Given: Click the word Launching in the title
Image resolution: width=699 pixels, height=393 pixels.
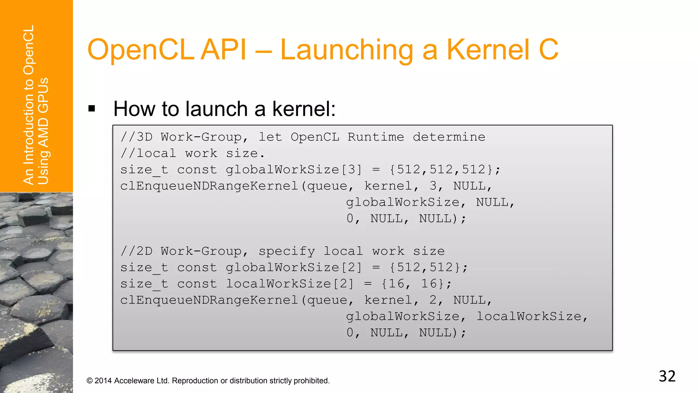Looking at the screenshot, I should (x=347, y=50).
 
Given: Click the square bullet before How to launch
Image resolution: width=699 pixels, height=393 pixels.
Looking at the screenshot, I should (x=91, y=109).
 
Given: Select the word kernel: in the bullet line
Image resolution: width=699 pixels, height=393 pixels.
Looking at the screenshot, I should (x=304, y=109).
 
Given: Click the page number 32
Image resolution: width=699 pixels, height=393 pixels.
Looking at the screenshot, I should (x=667, y=376).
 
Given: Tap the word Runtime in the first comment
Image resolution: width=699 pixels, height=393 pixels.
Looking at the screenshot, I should (x=375, y=137).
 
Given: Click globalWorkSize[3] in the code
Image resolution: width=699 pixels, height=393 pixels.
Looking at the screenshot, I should (x=294, y=170).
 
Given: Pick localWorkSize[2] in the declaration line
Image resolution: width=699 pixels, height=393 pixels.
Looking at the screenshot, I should (x=290, y=284).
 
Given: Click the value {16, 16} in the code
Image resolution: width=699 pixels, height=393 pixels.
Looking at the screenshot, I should (x=413, y=284).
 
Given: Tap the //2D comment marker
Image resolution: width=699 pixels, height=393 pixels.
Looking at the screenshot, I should (x=137, y=251).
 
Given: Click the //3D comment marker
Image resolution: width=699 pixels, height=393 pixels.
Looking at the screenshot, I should (x=137, y=137).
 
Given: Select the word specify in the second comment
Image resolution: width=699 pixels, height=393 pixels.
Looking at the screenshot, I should (x=287, y=251).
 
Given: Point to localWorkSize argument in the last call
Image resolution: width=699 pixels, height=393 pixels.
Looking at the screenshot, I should (x=529, y=317).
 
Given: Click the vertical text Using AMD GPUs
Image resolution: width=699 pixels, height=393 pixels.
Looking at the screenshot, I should (x=43, y=131).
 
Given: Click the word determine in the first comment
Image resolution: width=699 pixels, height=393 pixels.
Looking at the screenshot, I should (x=449, y=137).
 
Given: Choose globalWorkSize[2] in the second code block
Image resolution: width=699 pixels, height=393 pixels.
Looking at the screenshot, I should (x=294, y=267).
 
